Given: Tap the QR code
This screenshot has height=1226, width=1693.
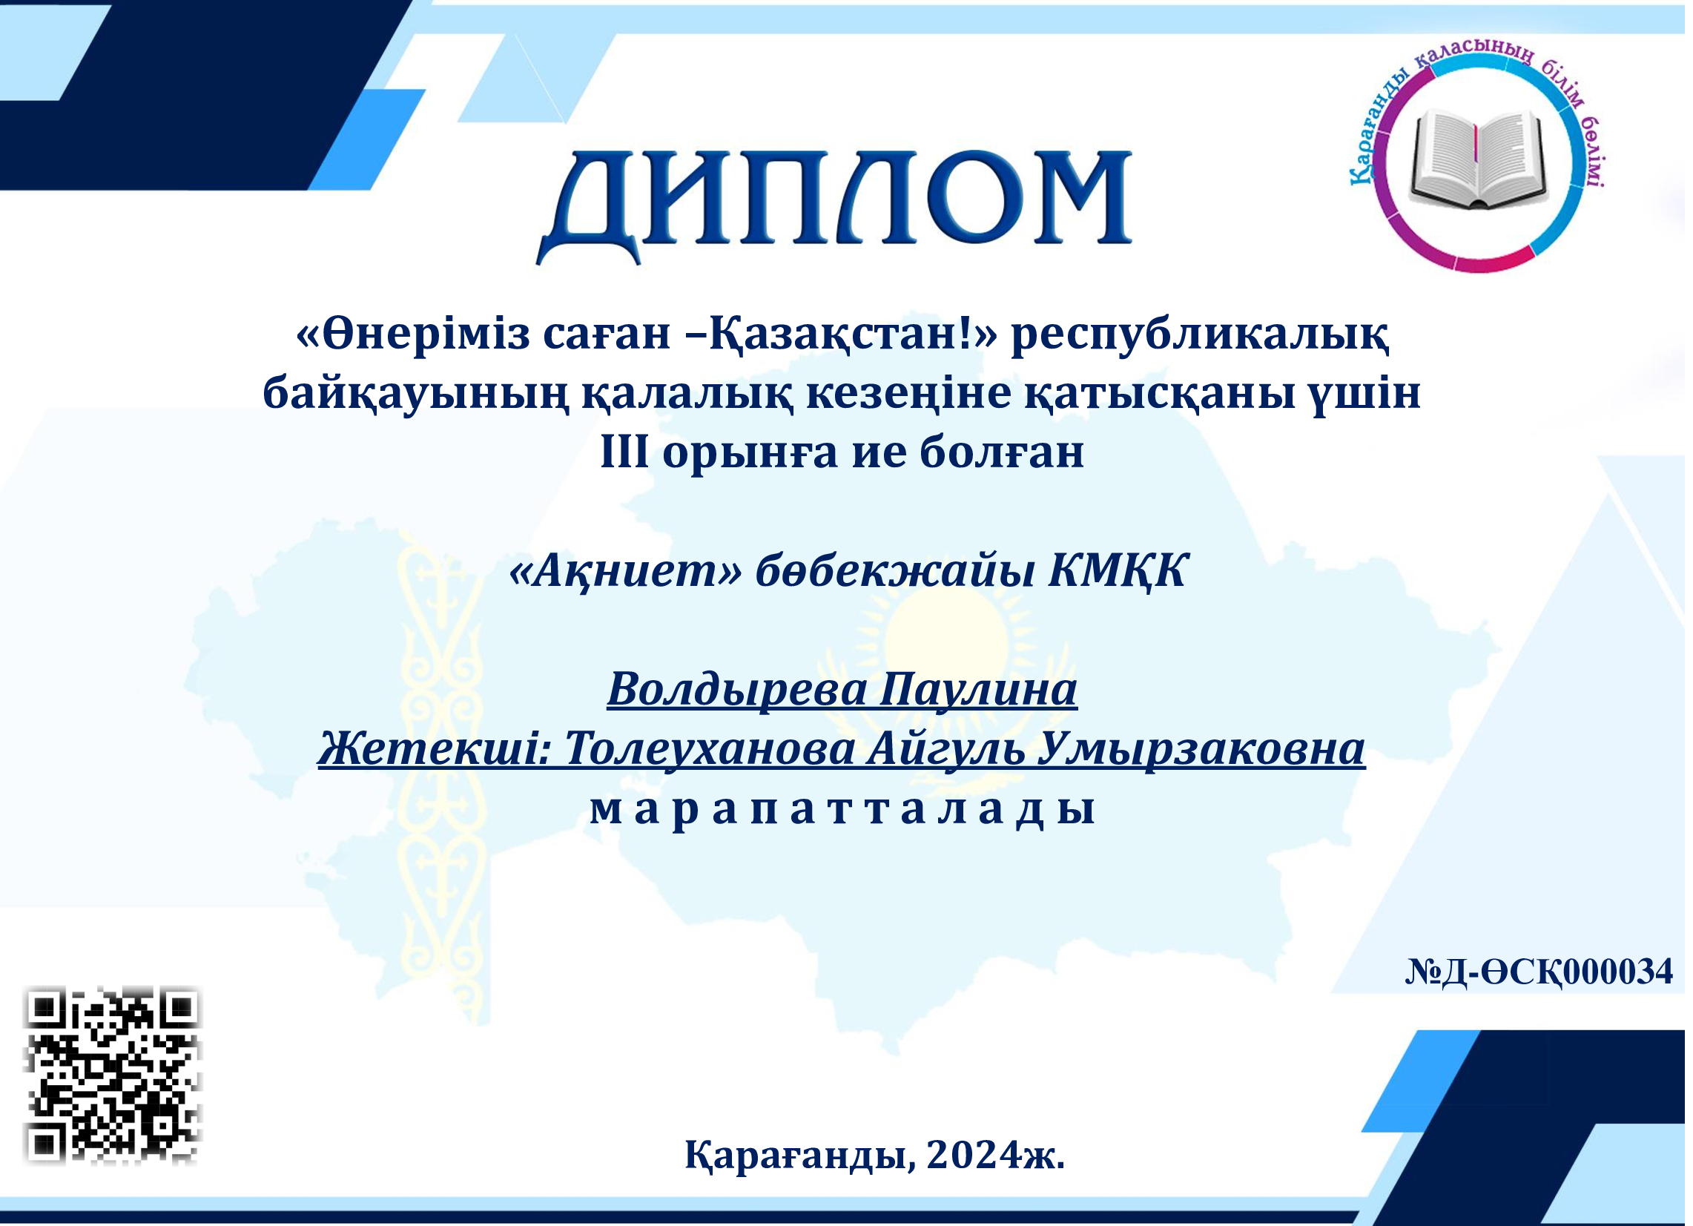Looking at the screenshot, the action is click(x=113, y=1077).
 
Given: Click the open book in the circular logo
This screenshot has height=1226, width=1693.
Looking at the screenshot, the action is click(x=1479, y=159).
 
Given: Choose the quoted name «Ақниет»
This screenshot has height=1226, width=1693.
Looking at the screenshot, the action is click(x=627, y=571).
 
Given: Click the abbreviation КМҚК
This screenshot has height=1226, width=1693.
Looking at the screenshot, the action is click(x=1118, y=573).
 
